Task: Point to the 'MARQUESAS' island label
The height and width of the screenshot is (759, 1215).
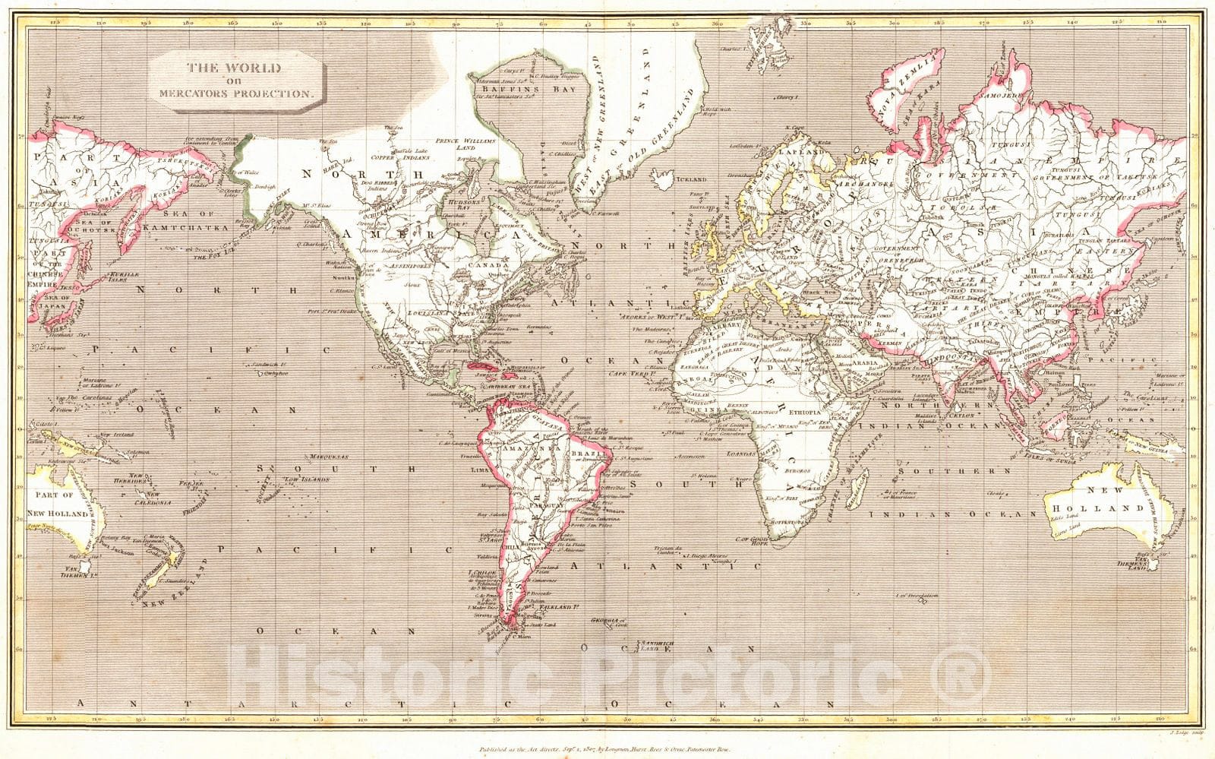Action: [x=329, y=457]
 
